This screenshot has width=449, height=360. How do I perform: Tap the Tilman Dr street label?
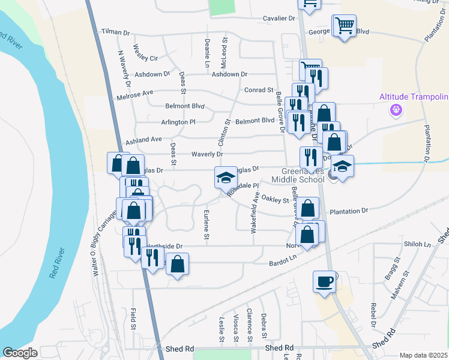coord(115,32)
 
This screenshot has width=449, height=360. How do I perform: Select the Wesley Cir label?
coord(145,53)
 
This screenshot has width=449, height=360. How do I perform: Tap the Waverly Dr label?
coord(207,154)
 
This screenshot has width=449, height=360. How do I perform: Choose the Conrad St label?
coord(259,90)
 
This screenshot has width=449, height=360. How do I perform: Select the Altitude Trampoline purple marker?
coord(395,109)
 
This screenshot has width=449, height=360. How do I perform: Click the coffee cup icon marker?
coord(325,281)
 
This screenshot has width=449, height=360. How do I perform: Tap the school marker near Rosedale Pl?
coord(226,178)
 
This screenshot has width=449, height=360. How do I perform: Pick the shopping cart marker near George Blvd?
coord(344,26)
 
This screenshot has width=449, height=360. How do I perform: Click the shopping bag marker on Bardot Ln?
coord(178,264)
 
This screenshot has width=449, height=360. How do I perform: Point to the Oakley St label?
coord(276,200)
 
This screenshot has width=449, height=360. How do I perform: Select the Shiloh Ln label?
coord(418,244)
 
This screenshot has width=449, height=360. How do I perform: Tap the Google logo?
coord(20,353)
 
